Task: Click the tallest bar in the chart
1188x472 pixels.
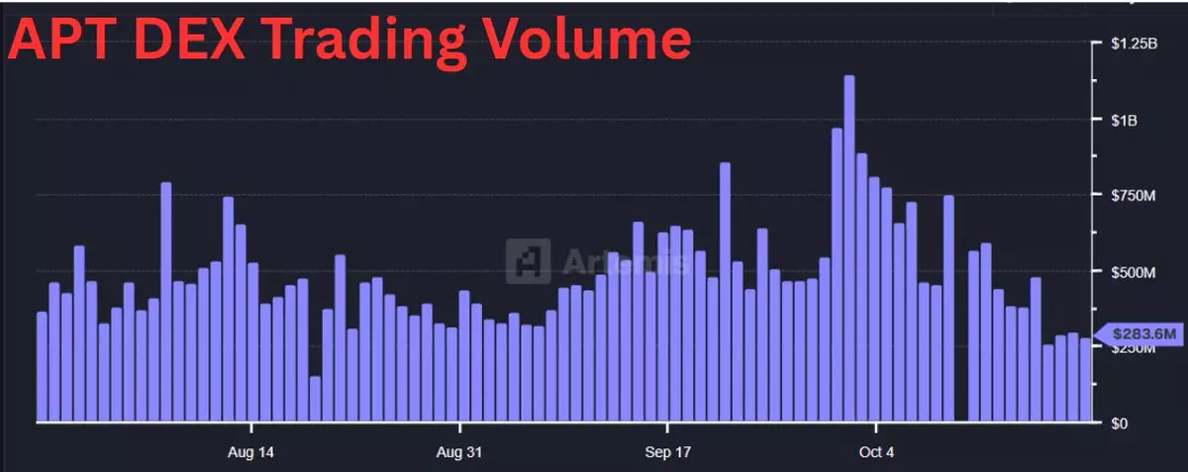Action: tap(848, 247)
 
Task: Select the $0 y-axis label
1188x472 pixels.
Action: tap(1119, 424)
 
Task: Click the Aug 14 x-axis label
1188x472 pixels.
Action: tap(251, 452)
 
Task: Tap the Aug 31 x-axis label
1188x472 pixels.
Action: tap(459, 452)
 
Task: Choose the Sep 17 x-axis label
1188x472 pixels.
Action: tap(667, 452)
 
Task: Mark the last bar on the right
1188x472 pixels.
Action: tap(1085, 380)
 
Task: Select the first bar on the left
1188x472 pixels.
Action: tap(42, 367)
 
